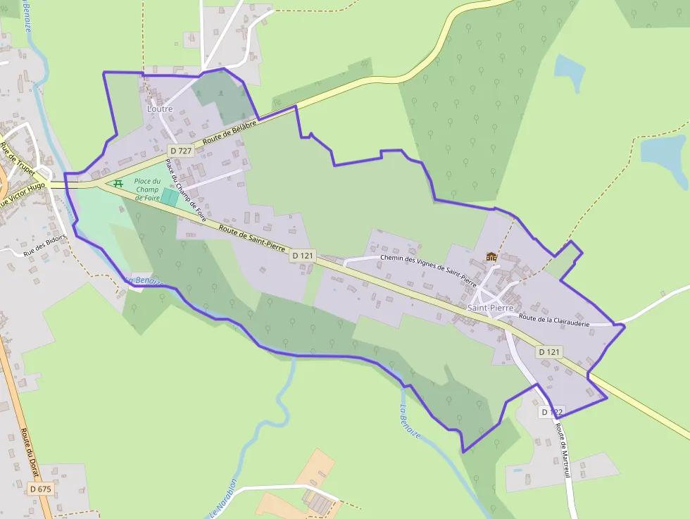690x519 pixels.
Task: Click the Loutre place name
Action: (160, 109)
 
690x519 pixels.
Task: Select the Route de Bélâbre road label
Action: (227, 132)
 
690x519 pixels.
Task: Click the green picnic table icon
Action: (118, 183)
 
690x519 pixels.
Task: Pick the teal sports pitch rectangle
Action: (170, 197)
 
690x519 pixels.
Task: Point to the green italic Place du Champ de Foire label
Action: (148, 189)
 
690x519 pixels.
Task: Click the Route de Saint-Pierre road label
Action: (251, 240)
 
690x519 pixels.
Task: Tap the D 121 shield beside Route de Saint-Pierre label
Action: (302, 256)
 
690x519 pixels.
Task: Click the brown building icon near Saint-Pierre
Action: (491, 256)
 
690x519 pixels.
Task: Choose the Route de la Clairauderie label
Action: (553, 320)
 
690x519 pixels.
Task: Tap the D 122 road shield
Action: (553, 411)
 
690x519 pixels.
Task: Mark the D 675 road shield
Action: (41, 488)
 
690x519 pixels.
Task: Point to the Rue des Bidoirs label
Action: (45, 244)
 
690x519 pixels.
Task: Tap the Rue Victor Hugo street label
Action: (23, 195)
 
